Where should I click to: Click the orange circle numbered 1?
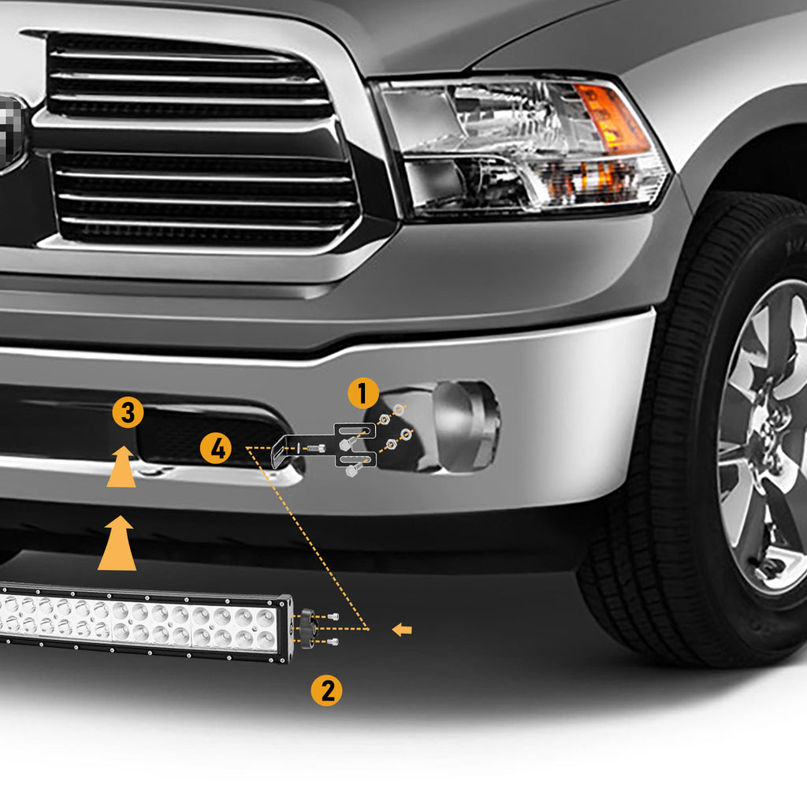pyautogui.click(x=363, y=393)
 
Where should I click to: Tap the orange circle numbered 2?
pyautogui.click(x=327, y=690)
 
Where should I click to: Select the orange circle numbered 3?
pyautogui.click(x=128, y=411)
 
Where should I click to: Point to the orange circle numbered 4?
pyautogui.click(x=216, y=448)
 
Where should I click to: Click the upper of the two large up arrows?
pyautogui.click(x=121, y=467)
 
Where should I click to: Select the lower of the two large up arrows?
pyautogui.click(x=117, y=543)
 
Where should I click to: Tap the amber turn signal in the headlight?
pyautogui.click(x=612, y=118)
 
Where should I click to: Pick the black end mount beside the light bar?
pyautogui.click(x=307, y=628)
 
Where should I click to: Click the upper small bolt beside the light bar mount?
pyautogui.click(x=333, y=616)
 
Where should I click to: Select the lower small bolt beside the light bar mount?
pyautogui.click(x=333, y=642)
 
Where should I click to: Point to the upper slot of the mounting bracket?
pyautogui.click(x=356, y=430)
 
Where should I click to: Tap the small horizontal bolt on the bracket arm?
pyautogui.click(x=315, y=448)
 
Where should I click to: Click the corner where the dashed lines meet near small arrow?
pyautogui.click(x=369, y=629)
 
